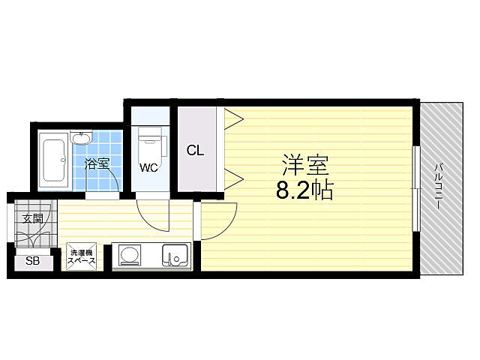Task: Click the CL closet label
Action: tap(195, 150)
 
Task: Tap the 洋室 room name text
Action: tap(305, 166)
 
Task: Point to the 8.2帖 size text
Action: tap(304, 190)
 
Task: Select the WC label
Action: tap(149, 167)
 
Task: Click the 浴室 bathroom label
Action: tap(97, 163)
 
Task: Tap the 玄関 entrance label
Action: tap(33, 218)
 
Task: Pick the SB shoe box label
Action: tap(32, 261)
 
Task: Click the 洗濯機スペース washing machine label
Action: tap(82, 256)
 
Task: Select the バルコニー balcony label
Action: tap(438, 187)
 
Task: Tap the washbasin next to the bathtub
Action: tap(81, 138)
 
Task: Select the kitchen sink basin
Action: tap(175, 255)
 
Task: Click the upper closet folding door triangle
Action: tap(233, 118)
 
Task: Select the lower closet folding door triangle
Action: tap(233, 178)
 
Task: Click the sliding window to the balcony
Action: tap(416, 188)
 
